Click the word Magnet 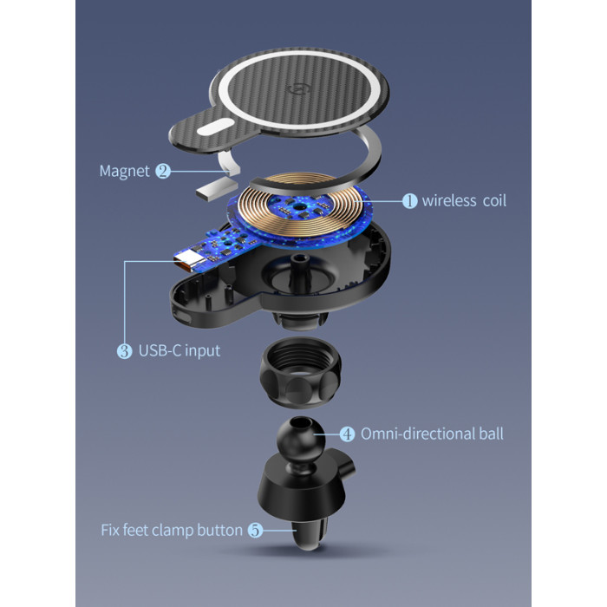(124, 171)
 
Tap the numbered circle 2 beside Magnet (163, 171)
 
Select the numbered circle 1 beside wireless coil (409, 201)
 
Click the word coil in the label (494, 200)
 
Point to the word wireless (449, 200)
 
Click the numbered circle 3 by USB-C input (124, 351)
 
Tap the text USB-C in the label (160, 350)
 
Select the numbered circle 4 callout (347, 434)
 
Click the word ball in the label (491, 434)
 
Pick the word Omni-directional (418, 434)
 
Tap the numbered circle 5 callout (255, 530)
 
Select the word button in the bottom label (219, 530)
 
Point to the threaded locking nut (301, 372)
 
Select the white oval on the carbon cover (215, 127)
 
